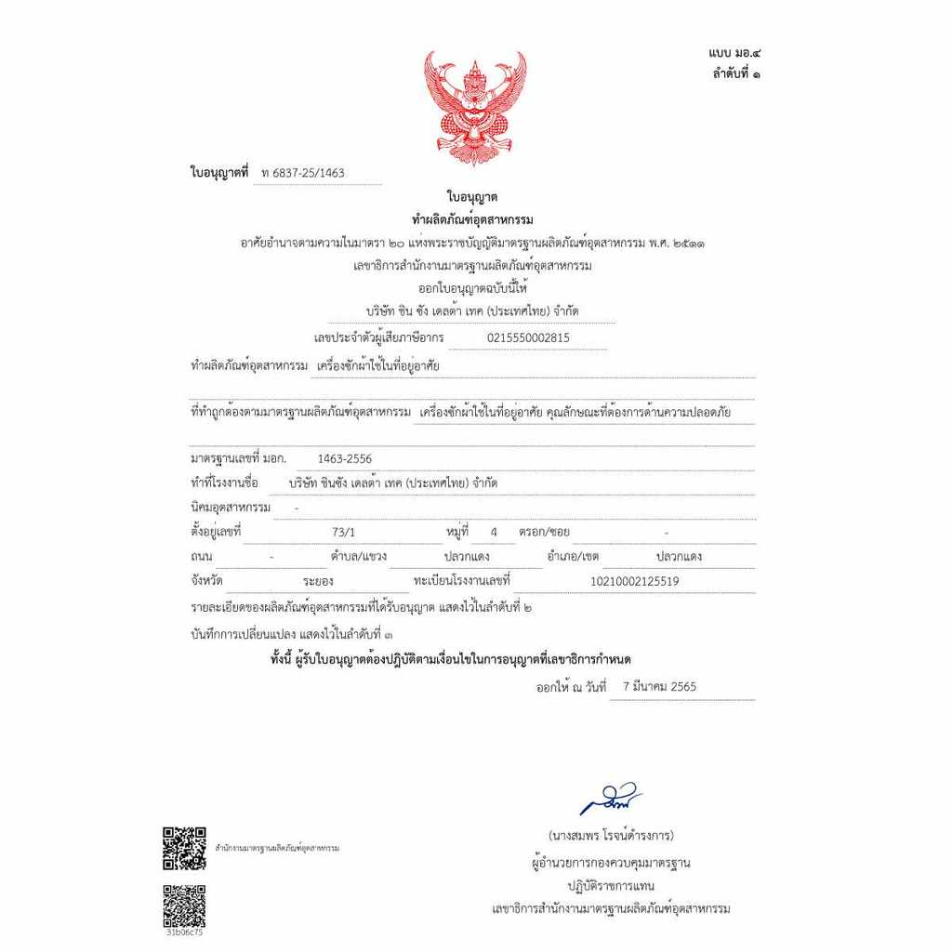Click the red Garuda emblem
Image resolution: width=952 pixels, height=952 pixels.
click(x=475, y=107)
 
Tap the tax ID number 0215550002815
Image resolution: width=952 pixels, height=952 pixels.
click(x=528, y=338)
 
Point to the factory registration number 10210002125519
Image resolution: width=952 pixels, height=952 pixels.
click(x=635, y=582)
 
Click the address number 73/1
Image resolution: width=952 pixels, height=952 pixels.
click(x=343, y=533)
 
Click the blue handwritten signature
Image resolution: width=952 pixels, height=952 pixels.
click(x=610, y=800)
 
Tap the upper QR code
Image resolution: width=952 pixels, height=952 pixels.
click(x=184, y=848)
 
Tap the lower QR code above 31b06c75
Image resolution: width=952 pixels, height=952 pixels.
click(x=184, y=905)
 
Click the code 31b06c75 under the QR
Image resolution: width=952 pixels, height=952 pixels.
click(x=184, y=932)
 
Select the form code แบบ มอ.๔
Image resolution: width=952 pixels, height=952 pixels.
click(x=734, y=55)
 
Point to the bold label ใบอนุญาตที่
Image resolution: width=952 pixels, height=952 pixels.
click(x=219, y=173)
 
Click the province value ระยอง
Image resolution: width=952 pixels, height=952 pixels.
click(x=317, y=582)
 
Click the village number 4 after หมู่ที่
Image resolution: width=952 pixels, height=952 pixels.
click(x=495, y=533)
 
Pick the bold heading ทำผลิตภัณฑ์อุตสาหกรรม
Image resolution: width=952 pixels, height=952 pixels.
click(x=472, y=219)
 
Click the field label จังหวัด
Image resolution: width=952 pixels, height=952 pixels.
click(x=208, y=581)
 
